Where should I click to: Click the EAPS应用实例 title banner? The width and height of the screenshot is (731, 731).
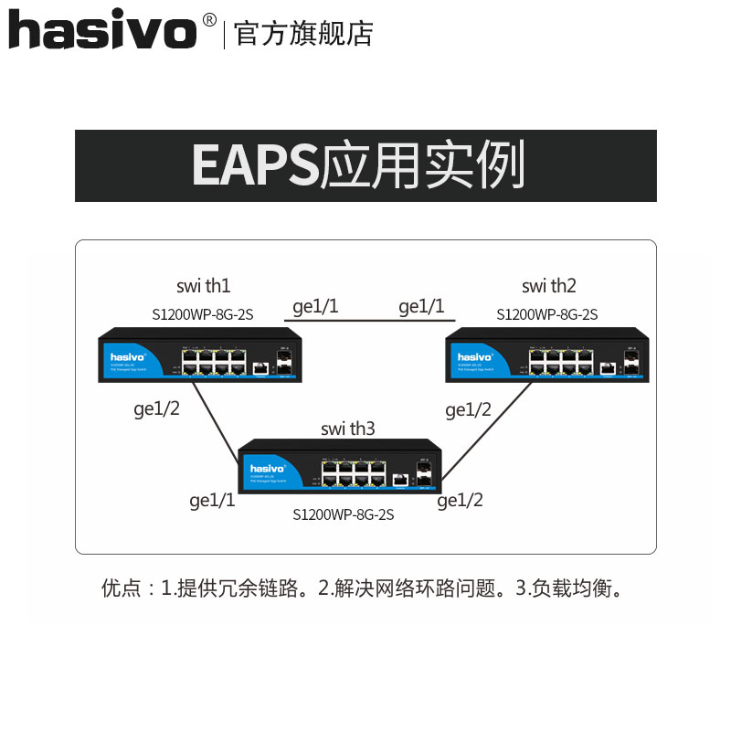(x=365, y=165)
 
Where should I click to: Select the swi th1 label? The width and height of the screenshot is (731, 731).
(x=203, y=286)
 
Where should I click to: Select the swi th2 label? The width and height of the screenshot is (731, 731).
(x=549, y=286)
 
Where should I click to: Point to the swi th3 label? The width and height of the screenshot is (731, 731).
(x=348, y=429)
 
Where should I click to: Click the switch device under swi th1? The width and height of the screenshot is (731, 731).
(x=200, y=356)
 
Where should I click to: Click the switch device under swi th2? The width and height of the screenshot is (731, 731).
(x=546, y=356)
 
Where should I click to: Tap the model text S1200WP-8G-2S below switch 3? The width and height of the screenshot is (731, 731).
(x=343, y=515)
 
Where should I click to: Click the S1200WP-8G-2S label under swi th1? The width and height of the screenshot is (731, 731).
(x=203, y=314)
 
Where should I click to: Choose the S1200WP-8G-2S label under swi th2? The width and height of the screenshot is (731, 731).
(x=547, y=314)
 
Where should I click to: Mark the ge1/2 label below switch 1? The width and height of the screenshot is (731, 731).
(x=157, y=409)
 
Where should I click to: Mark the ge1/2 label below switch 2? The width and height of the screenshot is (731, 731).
(x=468, y=409)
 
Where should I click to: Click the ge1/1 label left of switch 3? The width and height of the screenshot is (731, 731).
(x=212, y=500)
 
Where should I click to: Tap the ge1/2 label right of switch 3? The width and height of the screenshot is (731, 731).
(x=460, y=500)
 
